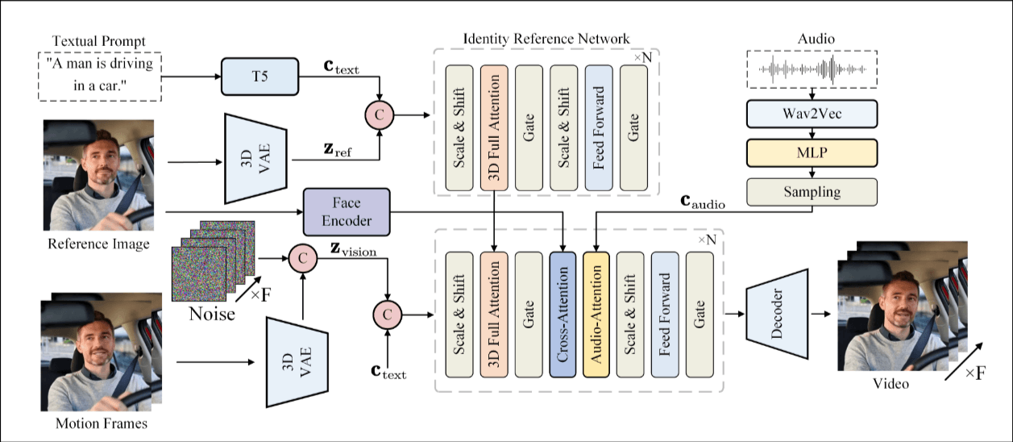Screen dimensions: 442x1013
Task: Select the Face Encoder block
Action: pyautogui.click(x=346, y=212)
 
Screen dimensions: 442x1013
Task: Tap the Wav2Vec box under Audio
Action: pyautogui.click(x=811, y=114)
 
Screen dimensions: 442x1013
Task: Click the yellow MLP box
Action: pyautogui.click(x=811, y=152)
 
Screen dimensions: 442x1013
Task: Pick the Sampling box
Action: pyautogui.click(x=811, y=191)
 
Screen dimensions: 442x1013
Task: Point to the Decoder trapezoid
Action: pyautogui.click(x=776, y=311)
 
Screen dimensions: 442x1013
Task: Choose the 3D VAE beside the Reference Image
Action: pyautogui.click(x=257, y=157)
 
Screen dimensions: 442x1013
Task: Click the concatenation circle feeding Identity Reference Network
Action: pyautogui.click(x=379, y=115)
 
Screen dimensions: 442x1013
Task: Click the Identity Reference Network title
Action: pyautogui.click(x=546, y=38)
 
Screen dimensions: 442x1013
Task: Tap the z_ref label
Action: pyautogui.click(x=330, y=150)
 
